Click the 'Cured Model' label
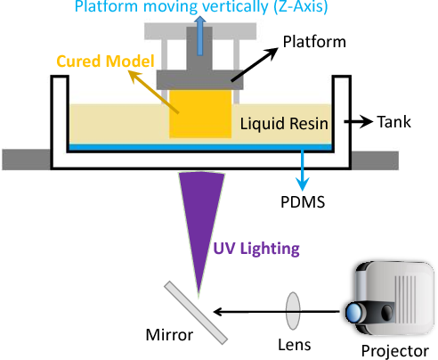click(x=105, y=61)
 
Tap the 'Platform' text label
click(x=314, y=42)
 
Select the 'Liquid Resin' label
click(x=284, y=124)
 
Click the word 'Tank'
click(x=393, y=122)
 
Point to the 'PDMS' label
click(x=303, y=202)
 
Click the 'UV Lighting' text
click(x=256, y=249)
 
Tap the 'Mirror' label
click(x=169, y=335)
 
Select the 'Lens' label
click(x=295, y=345)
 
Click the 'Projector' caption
click(x=395, y=351)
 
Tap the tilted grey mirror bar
click(x=196, y=313)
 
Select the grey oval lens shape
click(x=293, y=311)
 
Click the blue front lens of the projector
click(x=353, y=313)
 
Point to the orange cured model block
click(x=200, y=114)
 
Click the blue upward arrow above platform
click(x=200, y=36)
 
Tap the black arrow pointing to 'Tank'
click(x=358, y=121)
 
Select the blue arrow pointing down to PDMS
click(x=303, y=170)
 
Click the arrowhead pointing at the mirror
click(x=218, y=312)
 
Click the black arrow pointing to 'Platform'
click(x=255, y=64)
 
